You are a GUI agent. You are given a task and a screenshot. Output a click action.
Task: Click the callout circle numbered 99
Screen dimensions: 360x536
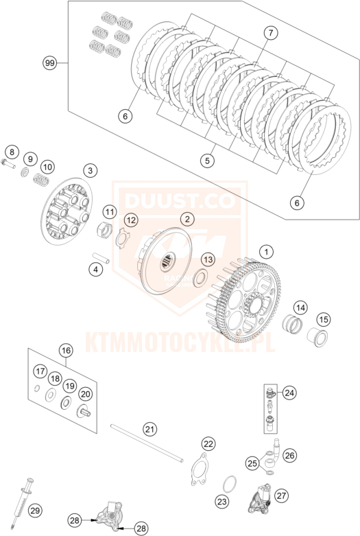coord(50,63)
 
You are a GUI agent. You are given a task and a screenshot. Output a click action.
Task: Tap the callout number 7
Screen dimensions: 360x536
coord(271,33)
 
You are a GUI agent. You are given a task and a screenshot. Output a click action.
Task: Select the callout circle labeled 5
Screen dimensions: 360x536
coord(208,160)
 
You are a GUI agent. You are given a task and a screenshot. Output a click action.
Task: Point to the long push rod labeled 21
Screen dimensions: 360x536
coord(147,443)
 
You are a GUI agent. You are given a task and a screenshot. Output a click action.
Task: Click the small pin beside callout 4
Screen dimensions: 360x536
coord(101,258)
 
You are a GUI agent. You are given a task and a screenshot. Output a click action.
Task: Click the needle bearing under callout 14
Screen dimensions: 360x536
coord(293,323)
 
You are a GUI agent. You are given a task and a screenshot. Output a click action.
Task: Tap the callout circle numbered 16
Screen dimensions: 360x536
coord(66,351)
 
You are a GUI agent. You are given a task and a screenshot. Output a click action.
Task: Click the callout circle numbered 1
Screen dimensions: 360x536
coord(267,253)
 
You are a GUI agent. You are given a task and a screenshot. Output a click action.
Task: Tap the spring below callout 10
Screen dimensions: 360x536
coord(41,178)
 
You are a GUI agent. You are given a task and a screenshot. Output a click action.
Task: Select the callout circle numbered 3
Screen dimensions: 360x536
coord(90,170)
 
